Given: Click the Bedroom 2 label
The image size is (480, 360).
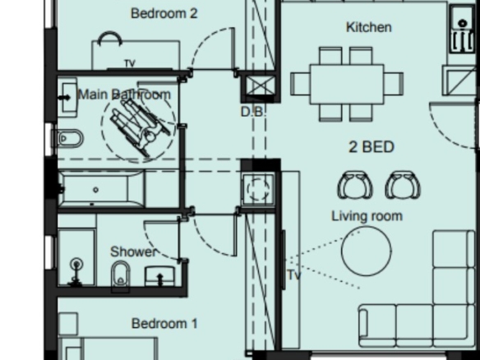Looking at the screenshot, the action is [164, 13].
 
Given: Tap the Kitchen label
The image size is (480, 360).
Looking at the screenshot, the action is [368, 27].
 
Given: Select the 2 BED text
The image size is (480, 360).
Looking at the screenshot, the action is [372, 147].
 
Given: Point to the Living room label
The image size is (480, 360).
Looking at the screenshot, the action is [367, 216].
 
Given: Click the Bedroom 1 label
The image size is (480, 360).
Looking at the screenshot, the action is [164, 324].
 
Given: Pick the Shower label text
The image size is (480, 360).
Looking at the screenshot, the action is [133, 252].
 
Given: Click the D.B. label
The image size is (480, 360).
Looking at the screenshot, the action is [252, 112].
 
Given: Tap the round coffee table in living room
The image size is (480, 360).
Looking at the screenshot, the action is [366, 251].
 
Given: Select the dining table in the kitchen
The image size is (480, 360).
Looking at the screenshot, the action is [347, 84].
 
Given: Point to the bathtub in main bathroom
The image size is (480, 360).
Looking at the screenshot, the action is [101, 190].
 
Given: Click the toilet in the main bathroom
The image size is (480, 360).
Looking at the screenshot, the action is [68, 139].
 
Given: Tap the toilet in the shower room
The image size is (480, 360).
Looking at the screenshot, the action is [120, 275].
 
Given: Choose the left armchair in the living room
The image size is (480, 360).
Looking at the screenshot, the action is [355, 185].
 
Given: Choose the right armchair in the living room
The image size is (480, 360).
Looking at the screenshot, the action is [403, 185].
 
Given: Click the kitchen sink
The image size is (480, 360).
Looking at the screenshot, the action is [462, 29].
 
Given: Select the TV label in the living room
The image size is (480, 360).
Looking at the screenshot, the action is [294, 275].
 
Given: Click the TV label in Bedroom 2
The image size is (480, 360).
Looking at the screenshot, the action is [130, 63].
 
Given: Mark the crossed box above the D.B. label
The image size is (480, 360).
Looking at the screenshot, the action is [260, 85].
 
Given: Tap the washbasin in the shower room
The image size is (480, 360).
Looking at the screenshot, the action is [159, 276].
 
